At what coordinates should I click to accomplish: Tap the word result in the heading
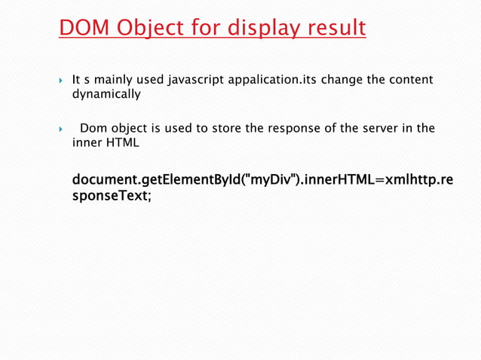337,28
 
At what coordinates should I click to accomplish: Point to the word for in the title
201,28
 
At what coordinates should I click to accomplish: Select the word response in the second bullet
293,128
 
